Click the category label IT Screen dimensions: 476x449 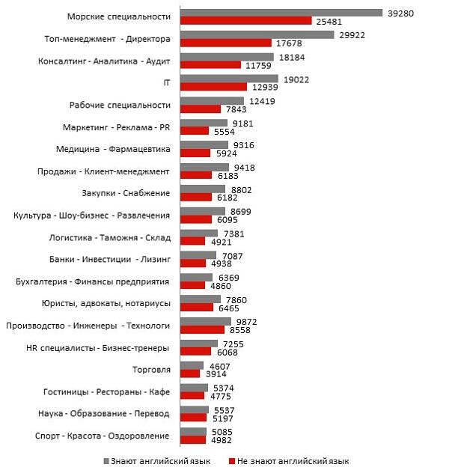(x=167, y=82)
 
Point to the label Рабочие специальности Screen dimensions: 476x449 (x=120, y=105)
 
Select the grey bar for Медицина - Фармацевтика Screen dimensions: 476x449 (x=206, y=144)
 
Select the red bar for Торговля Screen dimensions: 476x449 (x=190, y=373)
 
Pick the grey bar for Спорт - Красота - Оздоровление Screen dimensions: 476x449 (x=193, y=431)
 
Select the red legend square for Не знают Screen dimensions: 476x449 (x=233, y=461)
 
